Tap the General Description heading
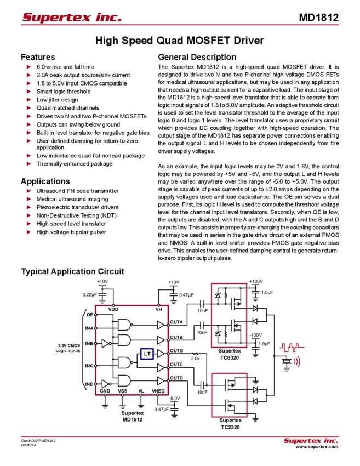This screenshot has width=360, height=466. point(196,57)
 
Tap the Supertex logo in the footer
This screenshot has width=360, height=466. point(311,441)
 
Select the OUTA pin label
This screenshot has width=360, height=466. point(176,321)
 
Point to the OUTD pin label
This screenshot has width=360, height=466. point(176,378)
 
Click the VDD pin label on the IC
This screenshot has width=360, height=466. point(113,310)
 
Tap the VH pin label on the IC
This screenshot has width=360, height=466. point(158,310)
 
